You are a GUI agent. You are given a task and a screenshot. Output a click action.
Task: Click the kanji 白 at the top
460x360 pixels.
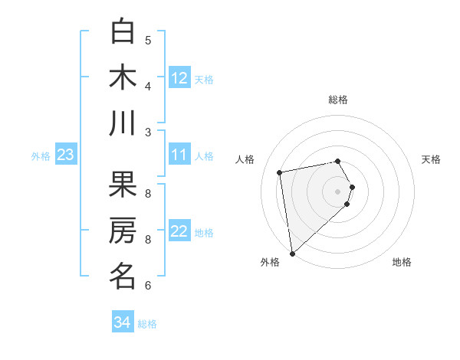[x=123, y=31]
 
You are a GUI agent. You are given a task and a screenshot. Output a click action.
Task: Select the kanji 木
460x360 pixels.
[x=123, y=78]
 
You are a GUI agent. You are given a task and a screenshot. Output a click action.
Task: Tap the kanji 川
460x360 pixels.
[x=123, y=124]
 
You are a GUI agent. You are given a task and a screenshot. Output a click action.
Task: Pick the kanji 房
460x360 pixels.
[x=123, y=231]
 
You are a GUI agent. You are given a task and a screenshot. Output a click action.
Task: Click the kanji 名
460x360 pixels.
[x=123, y=277]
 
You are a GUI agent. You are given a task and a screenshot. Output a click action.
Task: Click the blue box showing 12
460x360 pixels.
[x=179, y=78]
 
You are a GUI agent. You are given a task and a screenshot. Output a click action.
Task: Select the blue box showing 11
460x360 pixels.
[x=179, y=155]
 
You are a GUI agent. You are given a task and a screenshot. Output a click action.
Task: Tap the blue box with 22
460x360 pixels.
[x=179, y=232]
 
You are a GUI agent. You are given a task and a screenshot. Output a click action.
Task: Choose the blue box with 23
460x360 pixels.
[x=66, y=155]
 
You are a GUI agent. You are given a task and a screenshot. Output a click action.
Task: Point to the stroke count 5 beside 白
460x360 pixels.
[x=148, y=41]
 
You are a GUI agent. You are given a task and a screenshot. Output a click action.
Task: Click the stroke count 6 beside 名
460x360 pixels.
[x=148, y=286]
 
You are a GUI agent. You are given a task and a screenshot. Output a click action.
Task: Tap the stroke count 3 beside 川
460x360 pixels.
[x=148, y=133]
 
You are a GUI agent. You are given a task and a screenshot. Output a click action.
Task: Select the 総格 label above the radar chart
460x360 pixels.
[x=337, y=100]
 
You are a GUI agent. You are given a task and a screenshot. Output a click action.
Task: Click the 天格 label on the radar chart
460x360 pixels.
[x=431, y=159]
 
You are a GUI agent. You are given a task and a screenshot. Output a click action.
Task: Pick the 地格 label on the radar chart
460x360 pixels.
[x=402, y=263]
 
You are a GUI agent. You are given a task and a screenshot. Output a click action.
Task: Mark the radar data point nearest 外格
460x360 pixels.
[x=292, y=254]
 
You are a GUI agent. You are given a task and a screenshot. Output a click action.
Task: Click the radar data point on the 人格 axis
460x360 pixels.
[x=280, y=172]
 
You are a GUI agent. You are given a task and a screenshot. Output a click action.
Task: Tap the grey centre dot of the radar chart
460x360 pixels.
[x=337, y=191]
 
